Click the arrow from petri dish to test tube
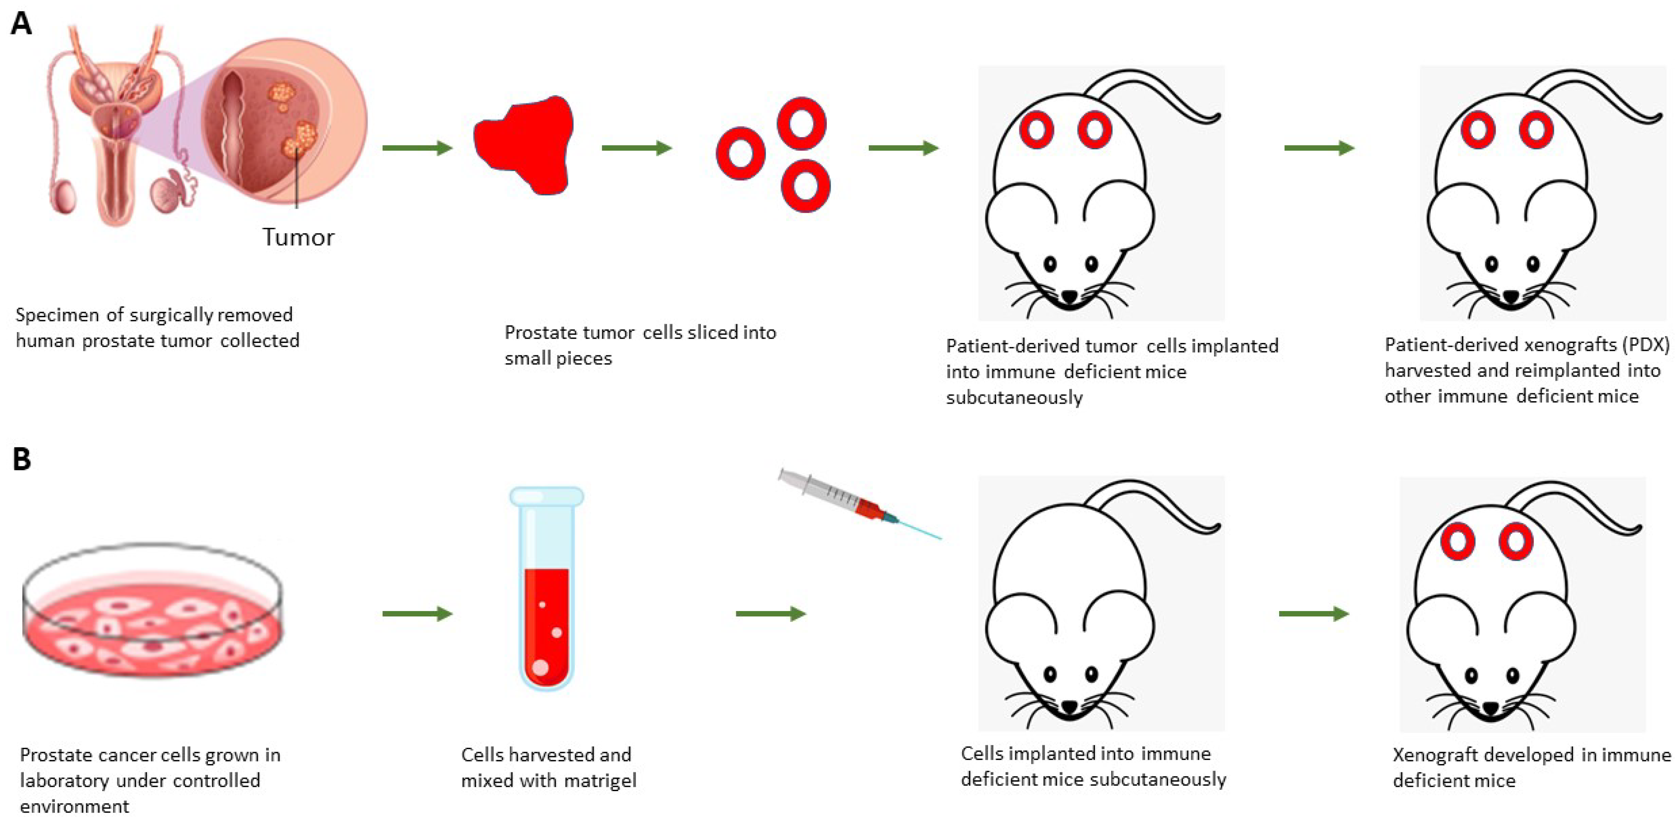pyautogui.click(x=417, y=614)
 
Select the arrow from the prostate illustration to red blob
pyautogui.click(x=417, y=148)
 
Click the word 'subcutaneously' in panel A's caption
pyautogui.click(x=1014, y=398)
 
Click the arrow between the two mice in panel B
pyautogui.click(x=1313, y=614)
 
